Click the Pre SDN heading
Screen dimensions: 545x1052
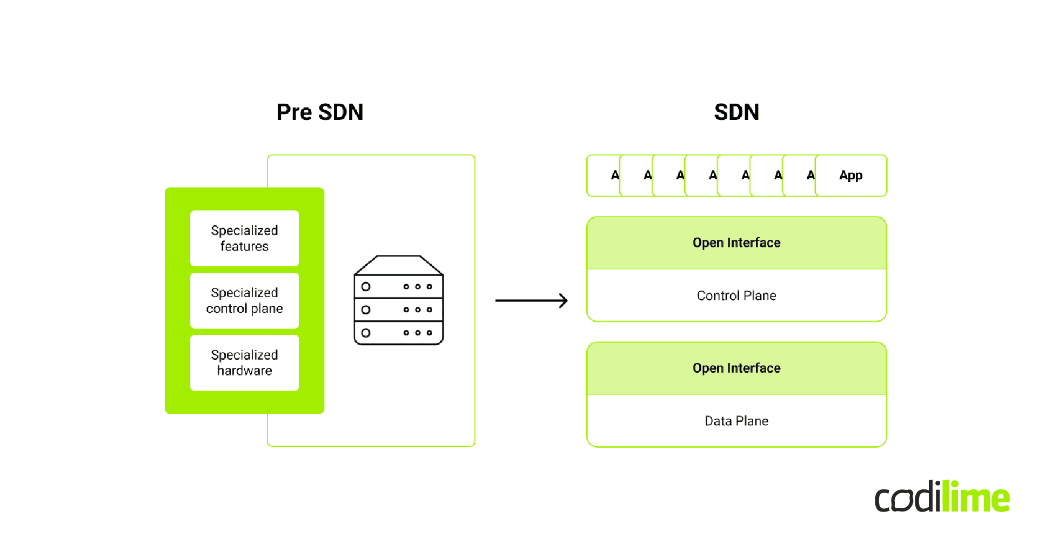pos(320,112)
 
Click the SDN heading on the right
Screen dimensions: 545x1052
pos(736,112)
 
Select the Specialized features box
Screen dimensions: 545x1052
pos(244,238)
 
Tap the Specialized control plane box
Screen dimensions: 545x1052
pos(244,300)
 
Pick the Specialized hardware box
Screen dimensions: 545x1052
pos(244,363)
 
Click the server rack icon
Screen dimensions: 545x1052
pos(399,300)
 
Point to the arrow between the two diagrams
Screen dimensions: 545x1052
pos(531,300)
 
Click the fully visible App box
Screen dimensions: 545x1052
pos(850,176)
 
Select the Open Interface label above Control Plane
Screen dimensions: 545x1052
pos(736,243)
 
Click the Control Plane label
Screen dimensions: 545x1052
pos(736,295)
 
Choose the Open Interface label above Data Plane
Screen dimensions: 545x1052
pos(736,368)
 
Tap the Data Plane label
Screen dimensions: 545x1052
pos(736,421)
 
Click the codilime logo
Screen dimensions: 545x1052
pos(942,497)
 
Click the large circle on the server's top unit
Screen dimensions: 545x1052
pos(366,287)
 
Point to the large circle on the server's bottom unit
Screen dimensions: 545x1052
pos(366,333)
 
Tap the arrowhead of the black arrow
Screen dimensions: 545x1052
pos(564,300)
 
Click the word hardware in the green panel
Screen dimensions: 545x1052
pos(244,371)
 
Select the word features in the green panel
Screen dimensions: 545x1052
pos(244,246)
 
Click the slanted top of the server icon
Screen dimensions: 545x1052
pos(399,265)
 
